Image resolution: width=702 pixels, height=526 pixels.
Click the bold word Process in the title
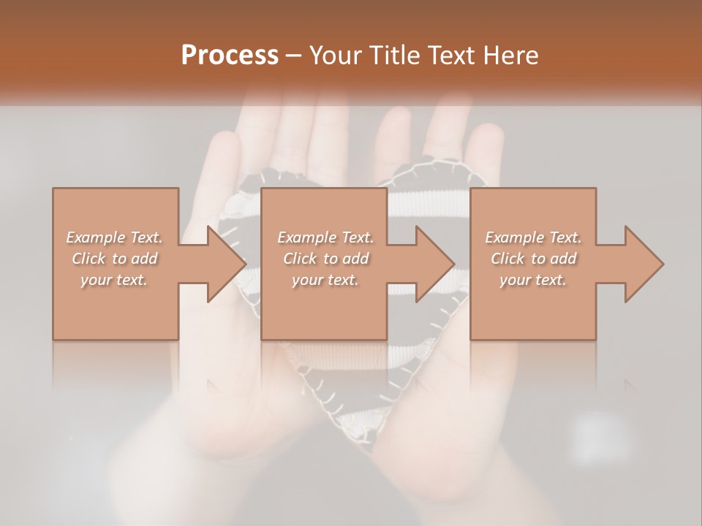[230, 56]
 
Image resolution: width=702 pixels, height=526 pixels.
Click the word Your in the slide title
[334, 56]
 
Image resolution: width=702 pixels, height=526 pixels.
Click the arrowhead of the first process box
[227, 264]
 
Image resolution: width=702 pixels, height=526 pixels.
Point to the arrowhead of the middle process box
[435, 264]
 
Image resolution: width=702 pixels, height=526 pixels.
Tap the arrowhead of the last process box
[644, 264]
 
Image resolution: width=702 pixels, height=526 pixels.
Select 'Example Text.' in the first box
[114, 237]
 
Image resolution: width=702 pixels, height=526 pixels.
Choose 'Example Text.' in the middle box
[325, 237]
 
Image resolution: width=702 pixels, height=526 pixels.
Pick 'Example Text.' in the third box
[533, 237]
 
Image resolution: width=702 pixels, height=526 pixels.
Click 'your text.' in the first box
[114, 280]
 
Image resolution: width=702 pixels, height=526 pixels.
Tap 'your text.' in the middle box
[325, 280]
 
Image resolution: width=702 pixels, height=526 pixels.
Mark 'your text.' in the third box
[533, 280]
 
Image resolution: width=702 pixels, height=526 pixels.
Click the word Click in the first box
[88, 259]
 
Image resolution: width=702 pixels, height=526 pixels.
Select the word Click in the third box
[508, 259]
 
